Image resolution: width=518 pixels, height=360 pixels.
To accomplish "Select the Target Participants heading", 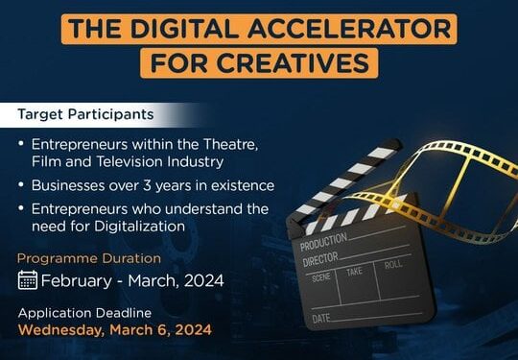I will click(x=85, y=114).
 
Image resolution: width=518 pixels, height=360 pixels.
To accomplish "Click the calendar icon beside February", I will click(x=29, y=281).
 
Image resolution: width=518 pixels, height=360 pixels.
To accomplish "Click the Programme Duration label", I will click(x=89, y=259).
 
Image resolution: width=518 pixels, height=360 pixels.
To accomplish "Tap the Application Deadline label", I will click(x=84, y=313).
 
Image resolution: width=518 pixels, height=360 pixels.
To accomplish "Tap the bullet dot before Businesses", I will click(x=22, y=185).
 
